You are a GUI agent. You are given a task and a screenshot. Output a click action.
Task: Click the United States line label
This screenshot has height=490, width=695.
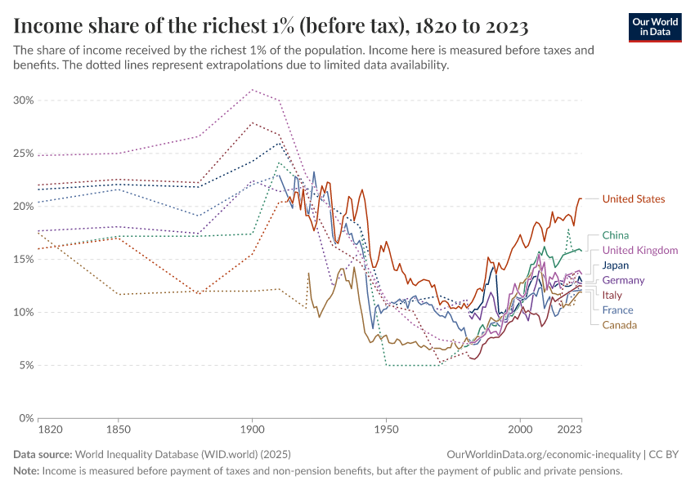tap(633, 199)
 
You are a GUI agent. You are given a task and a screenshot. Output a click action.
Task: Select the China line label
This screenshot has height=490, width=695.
tap(615, 235)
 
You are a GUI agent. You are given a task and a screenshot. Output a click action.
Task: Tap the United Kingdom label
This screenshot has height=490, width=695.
tap(639, 251)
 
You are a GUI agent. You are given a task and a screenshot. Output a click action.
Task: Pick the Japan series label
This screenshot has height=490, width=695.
tap(616, 265)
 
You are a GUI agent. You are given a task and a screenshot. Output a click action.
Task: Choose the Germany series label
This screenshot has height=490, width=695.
tap(623, 280)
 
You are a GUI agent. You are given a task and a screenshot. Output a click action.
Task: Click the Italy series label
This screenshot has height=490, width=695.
tap(612, 295)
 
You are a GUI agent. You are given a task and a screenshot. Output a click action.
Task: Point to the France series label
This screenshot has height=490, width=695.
tap(617, 310)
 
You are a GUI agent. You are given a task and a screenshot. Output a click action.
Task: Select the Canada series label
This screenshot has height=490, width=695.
tap(619, 325)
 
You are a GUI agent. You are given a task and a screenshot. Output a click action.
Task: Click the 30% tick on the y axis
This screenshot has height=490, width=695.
tap(24, 100)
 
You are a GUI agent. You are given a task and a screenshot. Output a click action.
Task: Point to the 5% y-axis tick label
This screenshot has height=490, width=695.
tap(26, 366)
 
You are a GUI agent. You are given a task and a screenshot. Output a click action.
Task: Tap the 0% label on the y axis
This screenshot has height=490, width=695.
tap(26, 419)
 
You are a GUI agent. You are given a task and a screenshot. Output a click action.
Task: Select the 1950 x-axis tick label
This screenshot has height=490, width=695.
tap(386, 429)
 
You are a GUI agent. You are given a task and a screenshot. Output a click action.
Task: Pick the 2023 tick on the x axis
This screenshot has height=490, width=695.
tap(569, 429)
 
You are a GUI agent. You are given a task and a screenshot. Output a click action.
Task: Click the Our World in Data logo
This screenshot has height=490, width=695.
tap(655, 26)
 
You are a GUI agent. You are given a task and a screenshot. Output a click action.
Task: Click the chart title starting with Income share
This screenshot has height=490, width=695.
tap(271, 26)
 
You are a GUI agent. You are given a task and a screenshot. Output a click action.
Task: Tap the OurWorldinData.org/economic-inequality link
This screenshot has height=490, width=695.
tap(544, 454)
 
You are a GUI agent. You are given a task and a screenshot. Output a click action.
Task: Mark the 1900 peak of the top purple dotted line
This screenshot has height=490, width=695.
tap(252, 90)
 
